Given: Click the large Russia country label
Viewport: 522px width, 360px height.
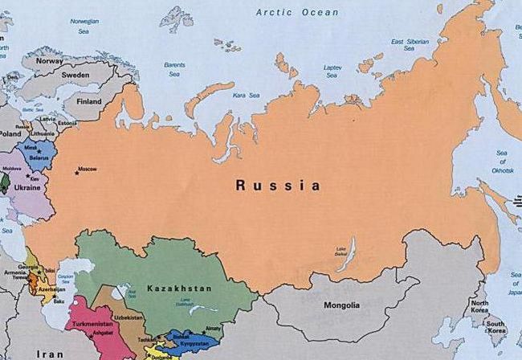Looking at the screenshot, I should tap(278, 186).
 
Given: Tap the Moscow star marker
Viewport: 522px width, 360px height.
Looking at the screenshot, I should tap(78, 170).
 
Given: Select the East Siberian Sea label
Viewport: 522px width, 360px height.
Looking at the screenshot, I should tap(408, 45).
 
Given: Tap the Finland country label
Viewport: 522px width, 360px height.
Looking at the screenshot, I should tap(88, 102).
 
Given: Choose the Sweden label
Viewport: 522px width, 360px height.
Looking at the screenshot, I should tap(76, 74).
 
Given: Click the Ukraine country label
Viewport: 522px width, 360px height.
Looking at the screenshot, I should tap(28, 186).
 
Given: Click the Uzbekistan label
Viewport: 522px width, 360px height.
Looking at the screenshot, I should tap(128, 317).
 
